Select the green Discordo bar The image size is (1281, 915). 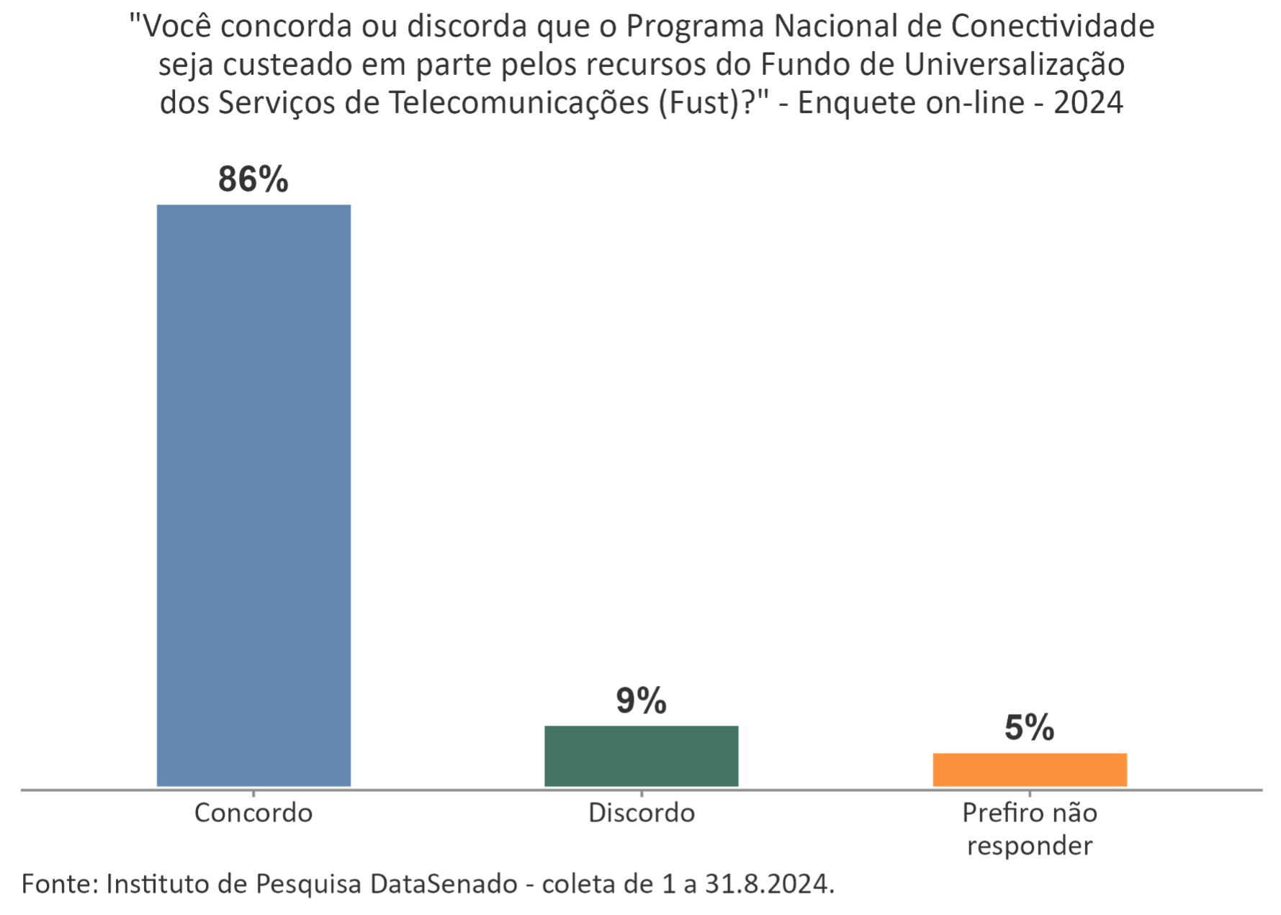[642, 756]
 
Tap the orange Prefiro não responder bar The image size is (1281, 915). [1030, 770]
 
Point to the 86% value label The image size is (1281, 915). [253, 179]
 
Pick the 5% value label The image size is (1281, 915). [1030, 728]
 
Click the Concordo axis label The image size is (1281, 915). [253, 813]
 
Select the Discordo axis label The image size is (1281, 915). [642, 813]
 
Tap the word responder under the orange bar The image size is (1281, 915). [1030, 845]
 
